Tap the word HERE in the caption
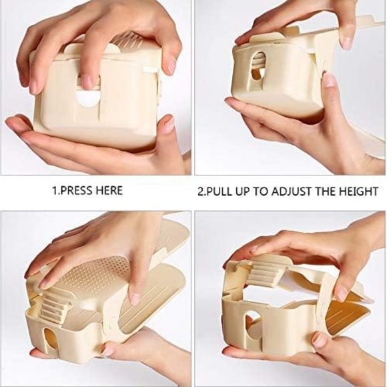tap(108, 191)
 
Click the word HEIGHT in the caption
tap(358, 191)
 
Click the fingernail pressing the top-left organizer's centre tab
tap(89, 82)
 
